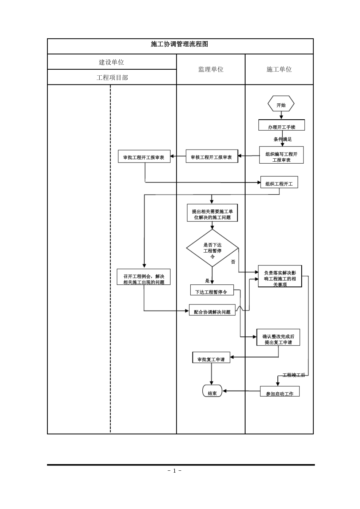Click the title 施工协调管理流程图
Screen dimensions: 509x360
pos(180,44)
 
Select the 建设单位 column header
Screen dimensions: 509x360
pos(111,62)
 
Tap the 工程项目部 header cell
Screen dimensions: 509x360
pos(112,78)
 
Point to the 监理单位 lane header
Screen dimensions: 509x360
pos(211,69)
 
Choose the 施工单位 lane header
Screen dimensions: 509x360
pos(279,69)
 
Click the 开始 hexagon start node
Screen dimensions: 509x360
pos(281,105)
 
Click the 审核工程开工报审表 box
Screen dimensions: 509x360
pos(211,156)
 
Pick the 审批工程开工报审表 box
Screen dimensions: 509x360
pos(144,156)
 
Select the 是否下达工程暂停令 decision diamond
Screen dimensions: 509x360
pos(212,249)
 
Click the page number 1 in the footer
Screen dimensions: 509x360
pos(175,471)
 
